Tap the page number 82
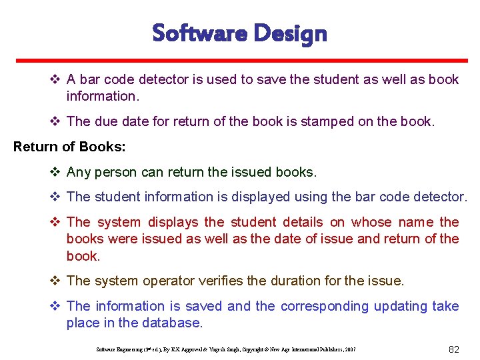point(455,349)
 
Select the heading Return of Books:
point(69,147)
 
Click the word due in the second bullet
point(107,121)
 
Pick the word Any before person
point(79,172)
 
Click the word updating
point(401,306)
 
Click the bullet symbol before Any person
point(56,172)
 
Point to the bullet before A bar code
point(56,79)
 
